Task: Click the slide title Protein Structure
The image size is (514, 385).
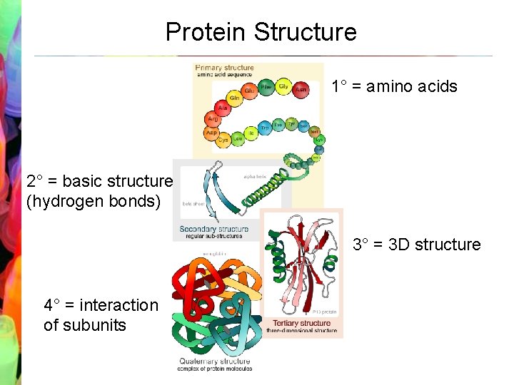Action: click(x=261, y=32)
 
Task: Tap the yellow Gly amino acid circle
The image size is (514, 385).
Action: click(x=283, y=86)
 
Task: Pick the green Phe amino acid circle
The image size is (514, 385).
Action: click(x=266, y=87)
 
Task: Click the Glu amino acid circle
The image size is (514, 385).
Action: click(x=249, y=91)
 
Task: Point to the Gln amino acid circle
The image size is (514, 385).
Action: click(x=234, y=98)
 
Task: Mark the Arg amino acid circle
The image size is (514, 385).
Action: click(x=213, y=120)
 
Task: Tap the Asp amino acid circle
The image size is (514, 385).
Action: click(x=212, y=133)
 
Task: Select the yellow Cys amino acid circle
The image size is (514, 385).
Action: click(x=223, y=140)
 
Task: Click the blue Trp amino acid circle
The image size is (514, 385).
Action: click(x=265, y=128)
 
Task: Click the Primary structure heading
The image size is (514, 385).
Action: click(x=224, y=68)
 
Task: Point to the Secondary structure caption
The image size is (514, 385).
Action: click(x=214, y=230)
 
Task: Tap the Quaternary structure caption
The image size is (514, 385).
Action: click(x=214, y=361)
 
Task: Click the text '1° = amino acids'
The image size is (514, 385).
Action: click(x=394, y=87)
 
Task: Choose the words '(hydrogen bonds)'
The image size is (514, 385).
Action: click(x=94, y=201)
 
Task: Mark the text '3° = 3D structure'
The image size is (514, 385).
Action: click(x=417, y=245)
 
